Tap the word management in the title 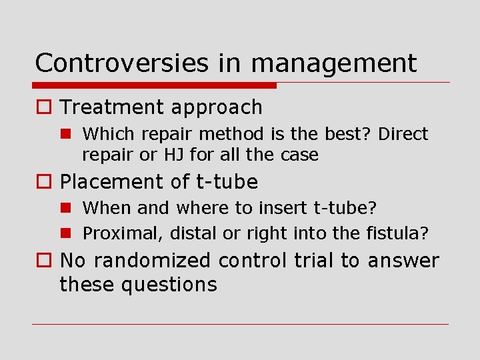coord(334,64)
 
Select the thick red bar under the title coord(155,85)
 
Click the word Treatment coord(112,107)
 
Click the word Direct coord(403,134)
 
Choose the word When coord(107,208)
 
